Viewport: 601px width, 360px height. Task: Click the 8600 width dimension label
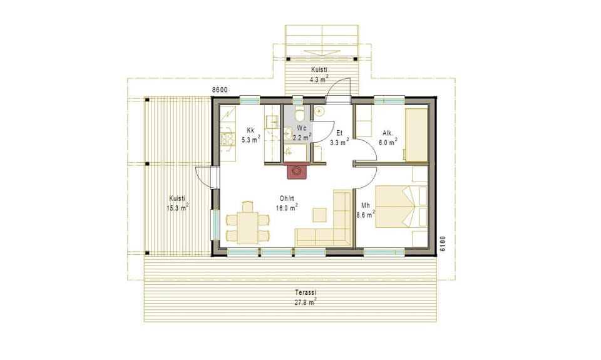point(220,90)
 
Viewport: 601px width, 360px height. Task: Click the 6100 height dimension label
point(443,244)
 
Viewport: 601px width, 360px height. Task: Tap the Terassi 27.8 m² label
point(306,297)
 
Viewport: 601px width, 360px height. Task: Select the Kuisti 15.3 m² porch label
point(177,203)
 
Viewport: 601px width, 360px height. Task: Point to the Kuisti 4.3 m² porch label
point(319,75)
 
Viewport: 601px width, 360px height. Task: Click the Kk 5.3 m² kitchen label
point(250,135)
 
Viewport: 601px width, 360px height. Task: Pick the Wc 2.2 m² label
point(302,132)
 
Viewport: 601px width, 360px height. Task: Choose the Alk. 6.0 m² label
point(388,138)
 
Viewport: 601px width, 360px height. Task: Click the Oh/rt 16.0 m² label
point(287,203)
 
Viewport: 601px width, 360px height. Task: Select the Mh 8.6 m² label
point(365,210)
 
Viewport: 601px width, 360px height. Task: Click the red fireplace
point(297,170)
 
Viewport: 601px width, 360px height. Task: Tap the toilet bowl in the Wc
point(300,113)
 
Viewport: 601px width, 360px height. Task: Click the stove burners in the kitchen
point(228,139)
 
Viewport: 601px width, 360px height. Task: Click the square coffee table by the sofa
point(320,215)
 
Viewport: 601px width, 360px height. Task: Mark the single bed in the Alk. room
point(417,135)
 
